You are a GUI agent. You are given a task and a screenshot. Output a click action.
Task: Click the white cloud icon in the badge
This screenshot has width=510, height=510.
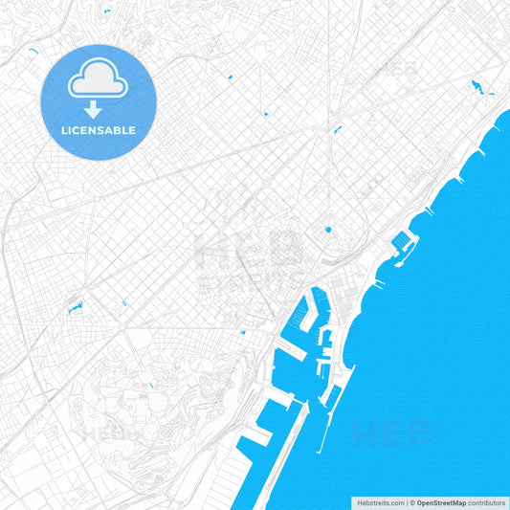coord(99,82)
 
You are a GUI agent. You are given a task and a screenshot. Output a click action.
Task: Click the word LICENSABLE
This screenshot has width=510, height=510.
coord(99,130)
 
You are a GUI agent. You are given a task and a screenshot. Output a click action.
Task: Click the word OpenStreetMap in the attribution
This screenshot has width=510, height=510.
coord(441,502)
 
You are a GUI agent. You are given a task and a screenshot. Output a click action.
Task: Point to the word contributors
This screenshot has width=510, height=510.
coord(487,502)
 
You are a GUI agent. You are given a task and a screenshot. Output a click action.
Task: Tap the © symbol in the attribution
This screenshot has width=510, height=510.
coord(412,502)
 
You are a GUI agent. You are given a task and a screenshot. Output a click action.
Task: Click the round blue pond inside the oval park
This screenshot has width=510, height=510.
coord(328,230)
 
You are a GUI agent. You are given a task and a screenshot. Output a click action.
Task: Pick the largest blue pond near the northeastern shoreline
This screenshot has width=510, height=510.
coord(477,90)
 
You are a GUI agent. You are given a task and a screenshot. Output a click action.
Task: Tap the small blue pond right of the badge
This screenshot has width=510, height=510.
coord(231,76)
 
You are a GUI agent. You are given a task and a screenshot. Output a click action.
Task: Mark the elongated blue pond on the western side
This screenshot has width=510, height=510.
coord(73,308)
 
